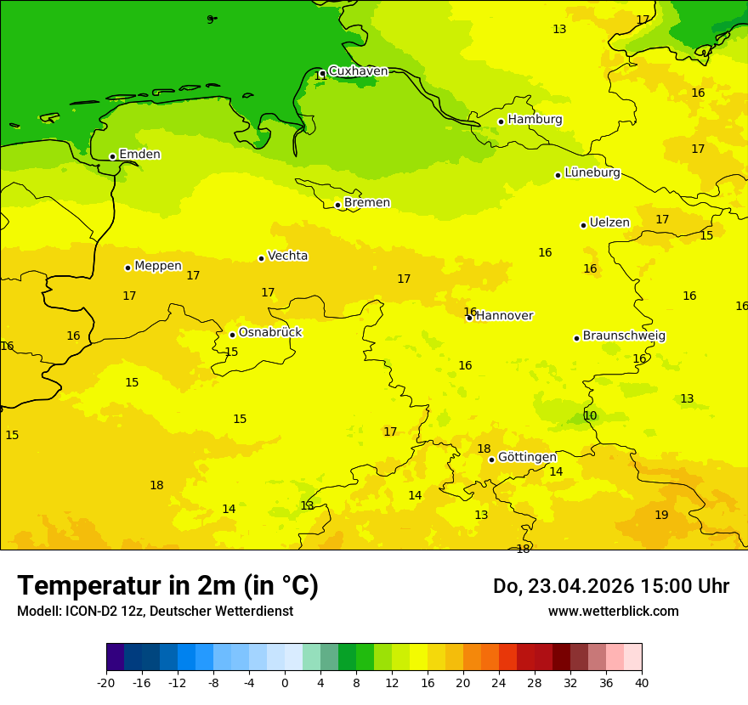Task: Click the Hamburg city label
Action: [535, 120]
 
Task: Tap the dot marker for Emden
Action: [112, 156]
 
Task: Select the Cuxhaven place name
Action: [358, 71]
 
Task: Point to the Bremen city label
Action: [366, 203]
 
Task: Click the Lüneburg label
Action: [592, 172]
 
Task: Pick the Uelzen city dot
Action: [583, 225]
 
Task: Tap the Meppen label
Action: [157, 266]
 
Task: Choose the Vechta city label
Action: [287, 256]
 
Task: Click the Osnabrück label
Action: [269, 332]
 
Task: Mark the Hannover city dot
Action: [469, 318]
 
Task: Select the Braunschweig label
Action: [624, 336]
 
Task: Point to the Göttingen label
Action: [527, 457]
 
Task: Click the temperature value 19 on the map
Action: [661, 515]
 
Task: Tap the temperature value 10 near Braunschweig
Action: [590, 415]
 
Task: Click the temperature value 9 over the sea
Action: [210, 19]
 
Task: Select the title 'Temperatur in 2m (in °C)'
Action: [167, 585]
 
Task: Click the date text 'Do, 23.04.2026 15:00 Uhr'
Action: [610, 586]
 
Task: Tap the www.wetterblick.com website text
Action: [613, 612]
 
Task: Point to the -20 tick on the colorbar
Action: [106, 682]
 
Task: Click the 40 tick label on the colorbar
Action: [642, 682]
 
